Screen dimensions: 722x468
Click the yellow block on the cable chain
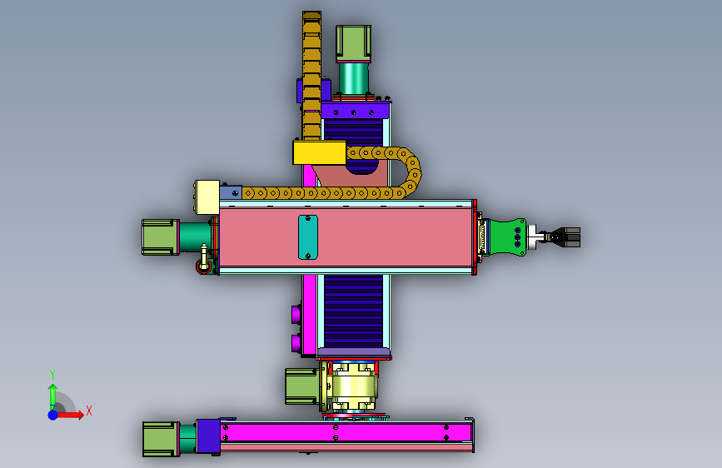point(319,152)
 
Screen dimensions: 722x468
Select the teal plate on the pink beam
point(307,237)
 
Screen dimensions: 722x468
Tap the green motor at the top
point(353,43)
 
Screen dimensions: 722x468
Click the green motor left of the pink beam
point(160,236)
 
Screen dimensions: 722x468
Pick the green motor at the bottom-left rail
point(161,439)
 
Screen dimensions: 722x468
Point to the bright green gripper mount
point(507,236)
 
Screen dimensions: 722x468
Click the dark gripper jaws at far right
point(569,236)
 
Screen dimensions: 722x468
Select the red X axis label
point(89,411)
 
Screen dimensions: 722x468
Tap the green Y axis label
point(52,375)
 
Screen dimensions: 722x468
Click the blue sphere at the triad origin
point(53,415)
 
